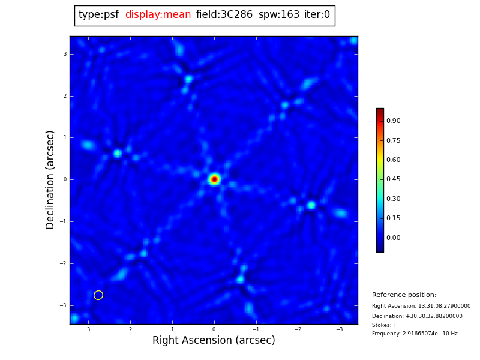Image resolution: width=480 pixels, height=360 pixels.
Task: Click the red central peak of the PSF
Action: point(214,179)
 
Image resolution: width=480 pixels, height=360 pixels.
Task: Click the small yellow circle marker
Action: point(98,295)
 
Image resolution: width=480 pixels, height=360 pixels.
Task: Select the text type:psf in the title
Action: point(98,15)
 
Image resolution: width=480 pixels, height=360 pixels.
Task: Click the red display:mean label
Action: point(158,15)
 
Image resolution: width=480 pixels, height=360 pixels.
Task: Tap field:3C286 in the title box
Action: point(224,15)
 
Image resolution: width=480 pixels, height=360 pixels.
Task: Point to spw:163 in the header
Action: point(278,15)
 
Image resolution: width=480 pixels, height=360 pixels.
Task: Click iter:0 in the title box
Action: point(317,15)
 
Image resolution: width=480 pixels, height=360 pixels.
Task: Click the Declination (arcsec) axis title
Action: point(51,179)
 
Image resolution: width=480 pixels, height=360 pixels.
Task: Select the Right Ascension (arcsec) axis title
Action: point(214,341)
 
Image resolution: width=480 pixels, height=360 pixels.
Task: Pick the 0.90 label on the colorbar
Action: point(394,121)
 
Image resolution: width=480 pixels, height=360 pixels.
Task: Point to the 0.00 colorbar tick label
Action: point(394,238)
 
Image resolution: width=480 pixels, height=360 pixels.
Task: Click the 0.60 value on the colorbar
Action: point(394,160)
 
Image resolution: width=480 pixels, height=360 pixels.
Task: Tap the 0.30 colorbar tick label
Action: point(394,199)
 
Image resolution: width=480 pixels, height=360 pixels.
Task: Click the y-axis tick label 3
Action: point(65,54)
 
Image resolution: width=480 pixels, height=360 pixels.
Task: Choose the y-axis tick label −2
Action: point(64,263)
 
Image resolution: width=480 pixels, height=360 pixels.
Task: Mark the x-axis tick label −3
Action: point(339,329)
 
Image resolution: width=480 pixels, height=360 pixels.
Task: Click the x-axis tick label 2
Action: point(130,329)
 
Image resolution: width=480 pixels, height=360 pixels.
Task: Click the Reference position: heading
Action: point(404,295)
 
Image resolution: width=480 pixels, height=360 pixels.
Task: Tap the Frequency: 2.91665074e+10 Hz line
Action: point(415,334)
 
